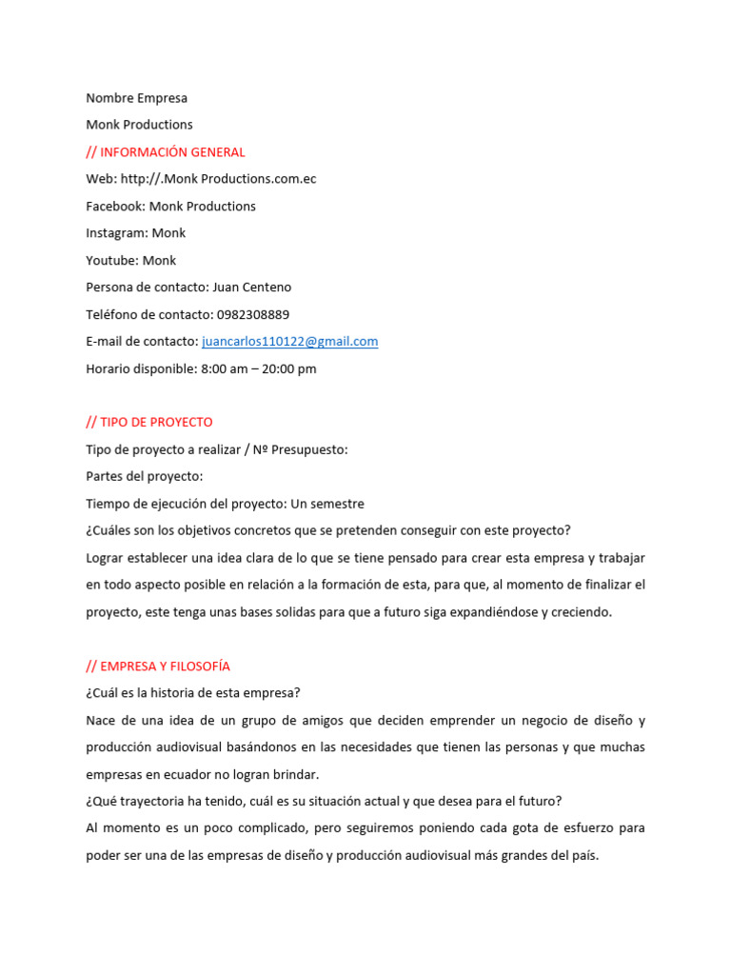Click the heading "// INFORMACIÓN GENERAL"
click(165, 152)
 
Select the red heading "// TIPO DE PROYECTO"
click(149, 422)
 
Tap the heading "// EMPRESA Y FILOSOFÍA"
click(158, 667)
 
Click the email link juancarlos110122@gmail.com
click(290, 341)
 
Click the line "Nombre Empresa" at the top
click(136, 98)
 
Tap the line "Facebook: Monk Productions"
click(170, 207)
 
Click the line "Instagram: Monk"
click(135, 233)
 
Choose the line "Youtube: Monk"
click(130, 260)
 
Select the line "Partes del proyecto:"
click(144, 476)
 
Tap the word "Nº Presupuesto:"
click(303, 449)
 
